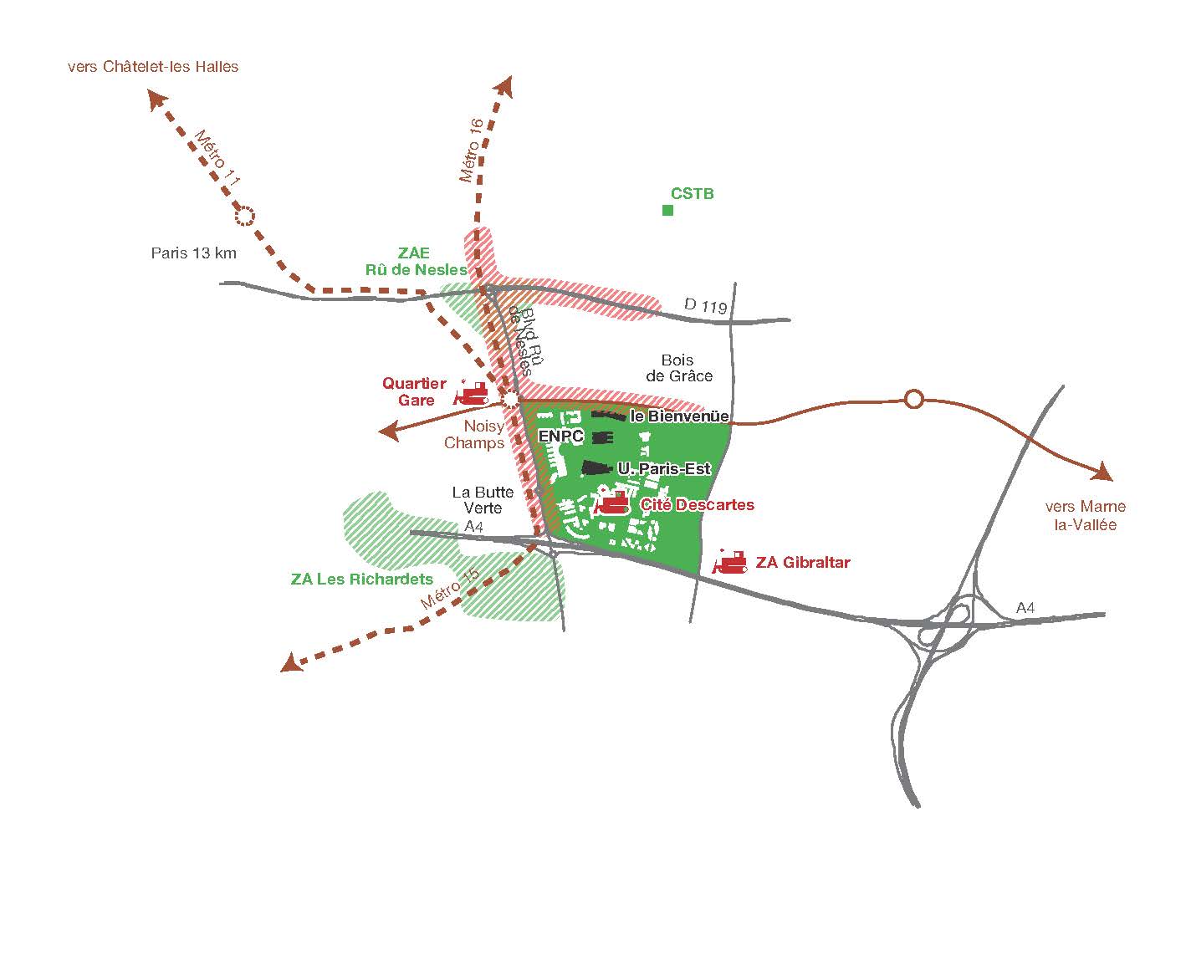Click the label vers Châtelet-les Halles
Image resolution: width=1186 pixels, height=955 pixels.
pos(153,67)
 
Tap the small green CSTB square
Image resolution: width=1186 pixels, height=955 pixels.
pos(667,210)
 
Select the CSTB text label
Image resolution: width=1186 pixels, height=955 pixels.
pos(693,194)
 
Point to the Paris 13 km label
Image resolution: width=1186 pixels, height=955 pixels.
pos(194,253)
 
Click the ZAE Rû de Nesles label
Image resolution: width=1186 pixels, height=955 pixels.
pos(415,261)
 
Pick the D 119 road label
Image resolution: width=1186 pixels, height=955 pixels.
pos(706,306)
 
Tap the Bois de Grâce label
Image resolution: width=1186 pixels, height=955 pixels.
pos(679,368)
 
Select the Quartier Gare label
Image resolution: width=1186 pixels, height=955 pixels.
pos(414,391)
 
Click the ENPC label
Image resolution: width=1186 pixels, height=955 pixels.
pos(560,436)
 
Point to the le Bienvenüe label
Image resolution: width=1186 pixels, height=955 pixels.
pos(679,416)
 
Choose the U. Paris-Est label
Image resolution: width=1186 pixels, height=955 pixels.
pos(664,469)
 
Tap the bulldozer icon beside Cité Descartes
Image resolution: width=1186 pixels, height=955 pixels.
pos(612,503)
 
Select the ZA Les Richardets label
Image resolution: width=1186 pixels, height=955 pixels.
pos(362,579)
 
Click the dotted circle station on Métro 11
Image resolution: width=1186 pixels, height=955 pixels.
pos(244,217)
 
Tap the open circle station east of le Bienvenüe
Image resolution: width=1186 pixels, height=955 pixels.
pos(914,399)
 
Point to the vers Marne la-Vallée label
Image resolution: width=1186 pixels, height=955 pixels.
pos(1086,515)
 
